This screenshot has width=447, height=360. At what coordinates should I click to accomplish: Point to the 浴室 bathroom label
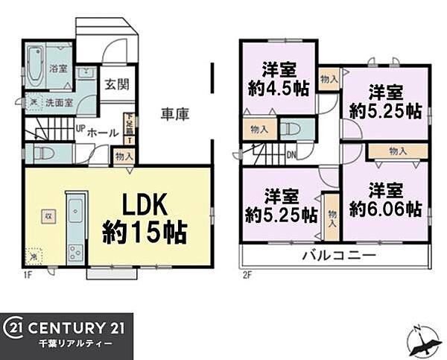point(59,66)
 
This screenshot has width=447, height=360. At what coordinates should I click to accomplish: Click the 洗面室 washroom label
point(58,102)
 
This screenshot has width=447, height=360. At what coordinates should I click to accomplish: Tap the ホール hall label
point(103,132)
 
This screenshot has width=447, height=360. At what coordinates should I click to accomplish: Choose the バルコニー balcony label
point(338,256)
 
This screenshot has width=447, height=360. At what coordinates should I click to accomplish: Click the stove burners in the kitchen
point(75,251)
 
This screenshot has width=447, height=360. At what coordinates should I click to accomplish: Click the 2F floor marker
point(247,274)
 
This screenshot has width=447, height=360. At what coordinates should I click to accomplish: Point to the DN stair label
point(291,156)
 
